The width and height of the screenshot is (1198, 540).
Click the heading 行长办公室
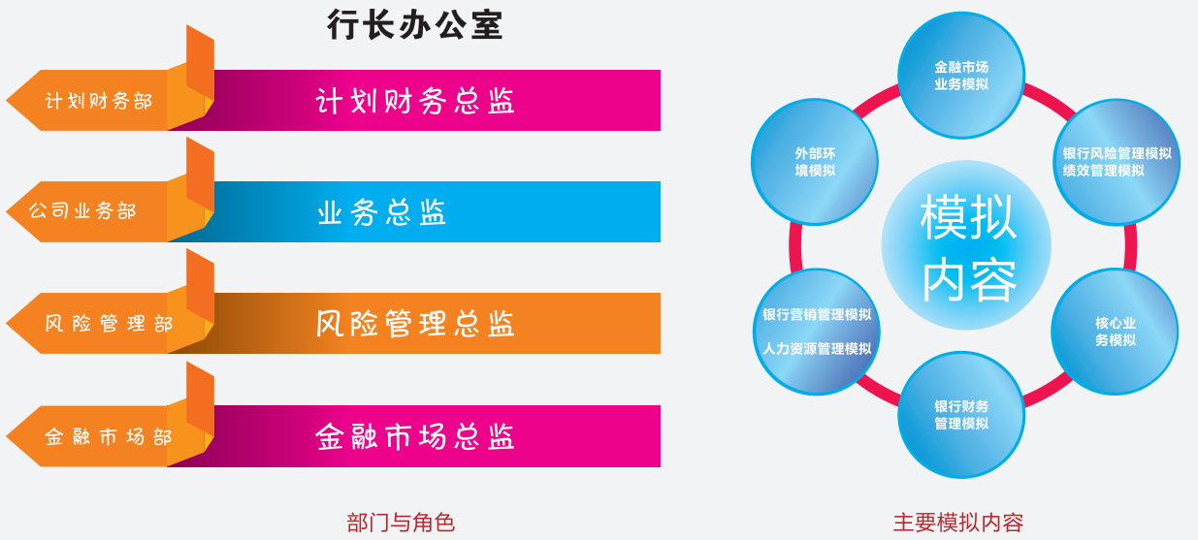(x=415, y=24)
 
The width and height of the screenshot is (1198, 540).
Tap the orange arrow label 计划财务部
(x=99, y=101)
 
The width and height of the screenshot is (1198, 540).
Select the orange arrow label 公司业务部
(x=82, y=210)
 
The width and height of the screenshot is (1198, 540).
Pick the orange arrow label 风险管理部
(x=109, y=324)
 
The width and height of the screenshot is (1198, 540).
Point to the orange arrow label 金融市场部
(x=109, y=436)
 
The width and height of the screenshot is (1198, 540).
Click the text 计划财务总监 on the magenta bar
(x=415, y=101)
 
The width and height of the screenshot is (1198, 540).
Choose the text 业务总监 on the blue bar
(x=382, y=212)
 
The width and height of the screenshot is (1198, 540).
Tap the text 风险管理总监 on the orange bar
(x=415, y=324)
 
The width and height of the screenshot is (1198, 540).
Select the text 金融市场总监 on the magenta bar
(x=415, y=436)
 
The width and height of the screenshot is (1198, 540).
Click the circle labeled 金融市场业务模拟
(x=961, y=76)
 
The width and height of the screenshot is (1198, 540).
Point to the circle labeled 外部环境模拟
(x=815, y=162)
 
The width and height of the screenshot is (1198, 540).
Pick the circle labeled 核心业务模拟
(x=1116, y=332)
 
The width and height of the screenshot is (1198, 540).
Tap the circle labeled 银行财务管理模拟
(x=961, y=415)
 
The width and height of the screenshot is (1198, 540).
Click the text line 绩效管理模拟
(x=1103, y=171)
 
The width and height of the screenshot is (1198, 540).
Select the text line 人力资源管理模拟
(x=817, y=349)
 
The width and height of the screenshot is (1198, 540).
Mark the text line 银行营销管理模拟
(x=817, y=314)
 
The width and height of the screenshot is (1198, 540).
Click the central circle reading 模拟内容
(x=966, y=245)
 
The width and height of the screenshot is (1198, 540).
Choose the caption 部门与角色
(x=401, y=523)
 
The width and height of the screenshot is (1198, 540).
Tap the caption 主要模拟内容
(x=958, y=523)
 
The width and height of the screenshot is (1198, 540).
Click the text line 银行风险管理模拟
(x=1117, y=153)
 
